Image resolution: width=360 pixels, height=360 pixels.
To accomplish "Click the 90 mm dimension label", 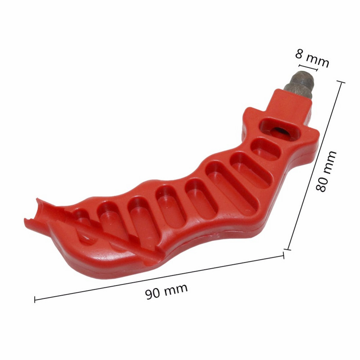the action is [x=166, y=291].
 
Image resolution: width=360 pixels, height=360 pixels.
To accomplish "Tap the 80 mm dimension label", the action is [x=326, y=171].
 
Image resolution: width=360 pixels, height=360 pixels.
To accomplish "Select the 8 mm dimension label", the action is [x=312, y=59].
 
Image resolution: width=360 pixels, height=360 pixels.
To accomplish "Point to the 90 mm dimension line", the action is [x=159, y=277].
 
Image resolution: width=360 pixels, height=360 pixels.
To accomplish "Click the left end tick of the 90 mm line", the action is [x=35, y=300].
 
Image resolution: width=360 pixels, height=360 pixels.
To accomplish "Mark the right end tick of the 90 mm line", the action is [x=283, y=255].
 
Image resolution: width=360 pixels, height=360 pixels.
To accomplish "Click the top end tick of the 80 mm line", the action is [x=341, y=82].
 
